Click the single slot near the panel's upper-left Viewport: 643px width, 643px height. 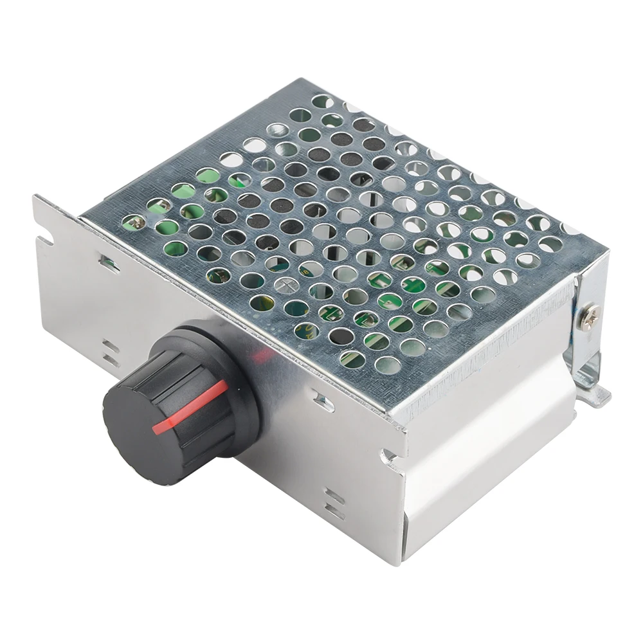pyautogui.click(x=105, y=262)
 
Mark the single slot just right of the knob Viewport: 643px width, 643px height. pyautogui.click(x=325, y=403)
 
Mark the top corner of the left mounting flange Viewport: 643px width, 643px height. pyautogui.click(x=35, y=196)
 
